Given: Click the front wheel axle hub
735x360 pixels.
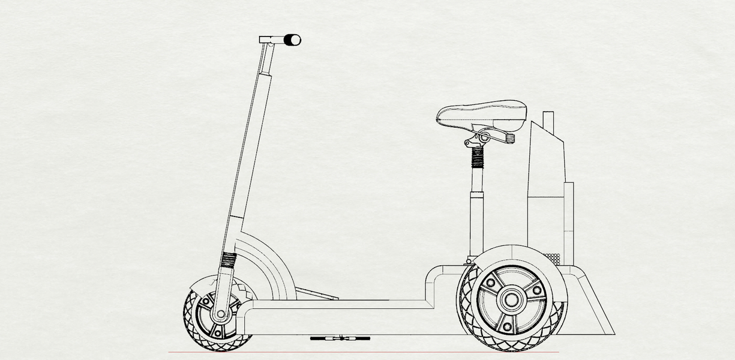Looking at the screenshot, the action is pos(221,314).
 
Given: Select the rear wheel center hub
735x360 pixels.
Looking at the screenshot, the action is pos(511,298).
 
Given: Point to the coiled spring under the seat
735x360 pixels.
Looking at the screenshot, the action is pos(478,157).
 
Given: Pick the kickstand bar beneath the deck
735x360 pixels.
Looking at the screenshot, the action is pos(339,338).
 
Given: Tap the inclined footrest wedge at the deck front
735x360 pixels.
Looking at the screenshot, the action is pos(315,294).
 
